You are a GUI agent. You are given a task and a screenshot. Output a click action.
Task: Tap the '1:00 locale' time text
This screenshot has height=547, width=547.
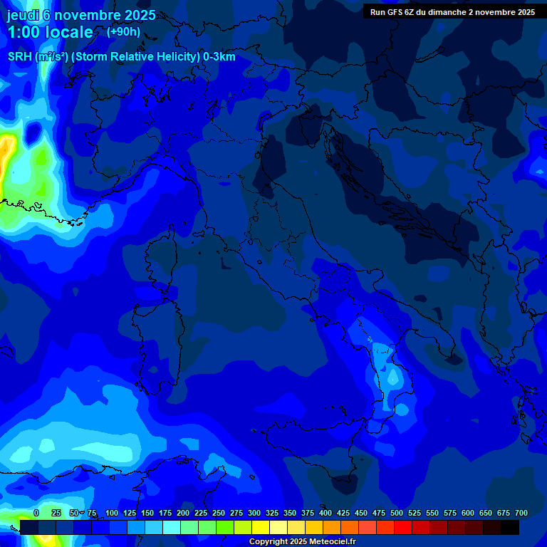[50, 32]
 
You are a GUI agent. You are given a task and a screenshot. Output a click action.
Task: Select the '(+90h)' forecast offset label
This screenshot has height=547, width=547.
[123, 31]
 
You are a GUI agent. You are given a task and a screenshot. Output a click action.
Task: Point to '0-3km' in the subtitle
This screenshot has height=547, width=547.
[219, 57]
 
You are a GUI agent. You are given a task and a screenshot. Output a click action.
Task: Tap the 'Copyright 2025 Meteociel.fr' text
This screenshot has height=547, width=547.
[302, 541]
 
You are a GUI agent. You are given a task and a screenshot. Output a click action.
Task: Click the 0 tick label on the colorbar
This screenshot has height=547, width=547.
[36, 513]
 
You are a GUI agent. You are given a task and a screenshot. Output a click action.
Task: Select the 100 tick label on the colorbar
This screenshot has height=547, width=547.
[112, 513]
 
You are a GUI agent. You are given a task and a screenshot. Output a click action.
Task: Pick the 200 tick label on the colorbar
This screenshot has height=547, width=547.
[183, 513]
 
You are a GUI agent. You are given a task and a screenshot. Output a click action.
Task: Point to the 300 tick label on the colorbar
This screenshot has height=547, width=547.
[254, 513]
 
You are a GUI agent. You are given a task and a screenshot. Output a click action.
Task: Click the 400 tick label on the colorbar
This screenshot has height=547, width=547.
[325, 513]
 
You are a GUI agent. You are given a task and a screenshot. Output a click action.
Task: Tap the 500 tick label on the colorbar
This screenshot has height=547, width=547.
[397, 513]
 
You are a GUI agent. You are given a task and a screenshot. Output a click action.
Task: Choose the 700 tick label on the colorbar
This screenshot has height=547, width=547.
[521, 513]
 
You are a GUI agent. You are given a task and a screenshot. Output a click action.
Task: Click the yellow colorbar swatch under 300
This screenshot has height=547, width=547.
[261, 527]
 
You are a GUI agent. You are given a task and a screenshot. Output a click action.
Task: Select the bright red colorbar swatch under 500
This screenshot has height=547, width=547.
[403, 527]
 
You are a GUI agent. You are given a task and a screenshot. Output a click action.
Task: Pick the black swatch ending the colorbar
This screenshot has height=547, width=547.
[510, 527]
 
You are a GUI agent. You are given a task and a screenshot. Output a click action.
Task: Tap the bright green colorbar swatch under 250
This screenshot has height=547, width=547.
[225, 527]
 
